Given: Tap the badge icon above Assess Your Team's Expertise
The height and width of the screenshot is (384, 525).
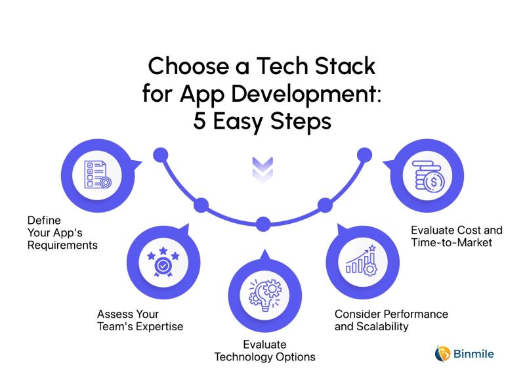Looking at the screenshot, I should pyautogui.click(x=161, y=262).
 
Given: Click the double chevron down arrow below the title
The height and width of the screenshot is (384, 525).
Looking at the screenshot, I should pyautogui.click(x=262, y=168).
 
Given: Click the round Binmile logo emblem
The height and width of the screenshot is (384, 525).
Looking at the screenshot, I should pyautogui.click(x=443, y=354).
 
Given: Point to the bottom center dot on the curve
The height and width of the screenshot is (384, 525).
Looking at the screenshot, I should pyautogui.click(x=263, y=224).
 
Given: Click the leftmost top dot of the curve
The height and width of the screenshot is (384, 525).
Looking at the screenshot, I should pyautogui.click(x=159, y=156).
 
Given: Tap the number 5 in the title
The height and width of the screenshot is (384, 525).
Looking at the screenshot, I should pyautogui.click(x=200, y=121).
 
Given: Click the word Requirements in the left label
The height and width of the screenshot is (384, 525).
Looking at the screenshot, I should pyautogui.click(x=62, y=245).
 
